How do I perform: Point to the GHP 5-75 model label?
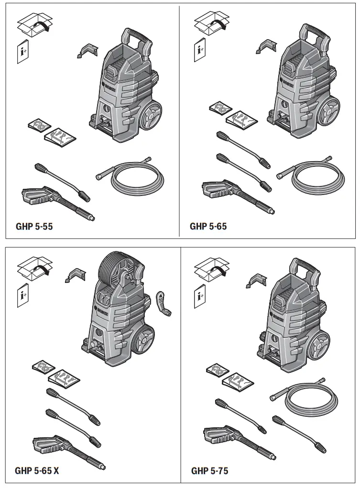[x=209, y=471]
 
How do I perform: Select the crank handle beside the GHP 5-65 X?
[x=163, y=303]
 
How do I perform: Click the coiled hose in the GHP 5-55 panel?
[x=136, y=177]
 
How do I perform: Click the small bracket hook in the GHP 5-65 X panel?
[x=75, y=276]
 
